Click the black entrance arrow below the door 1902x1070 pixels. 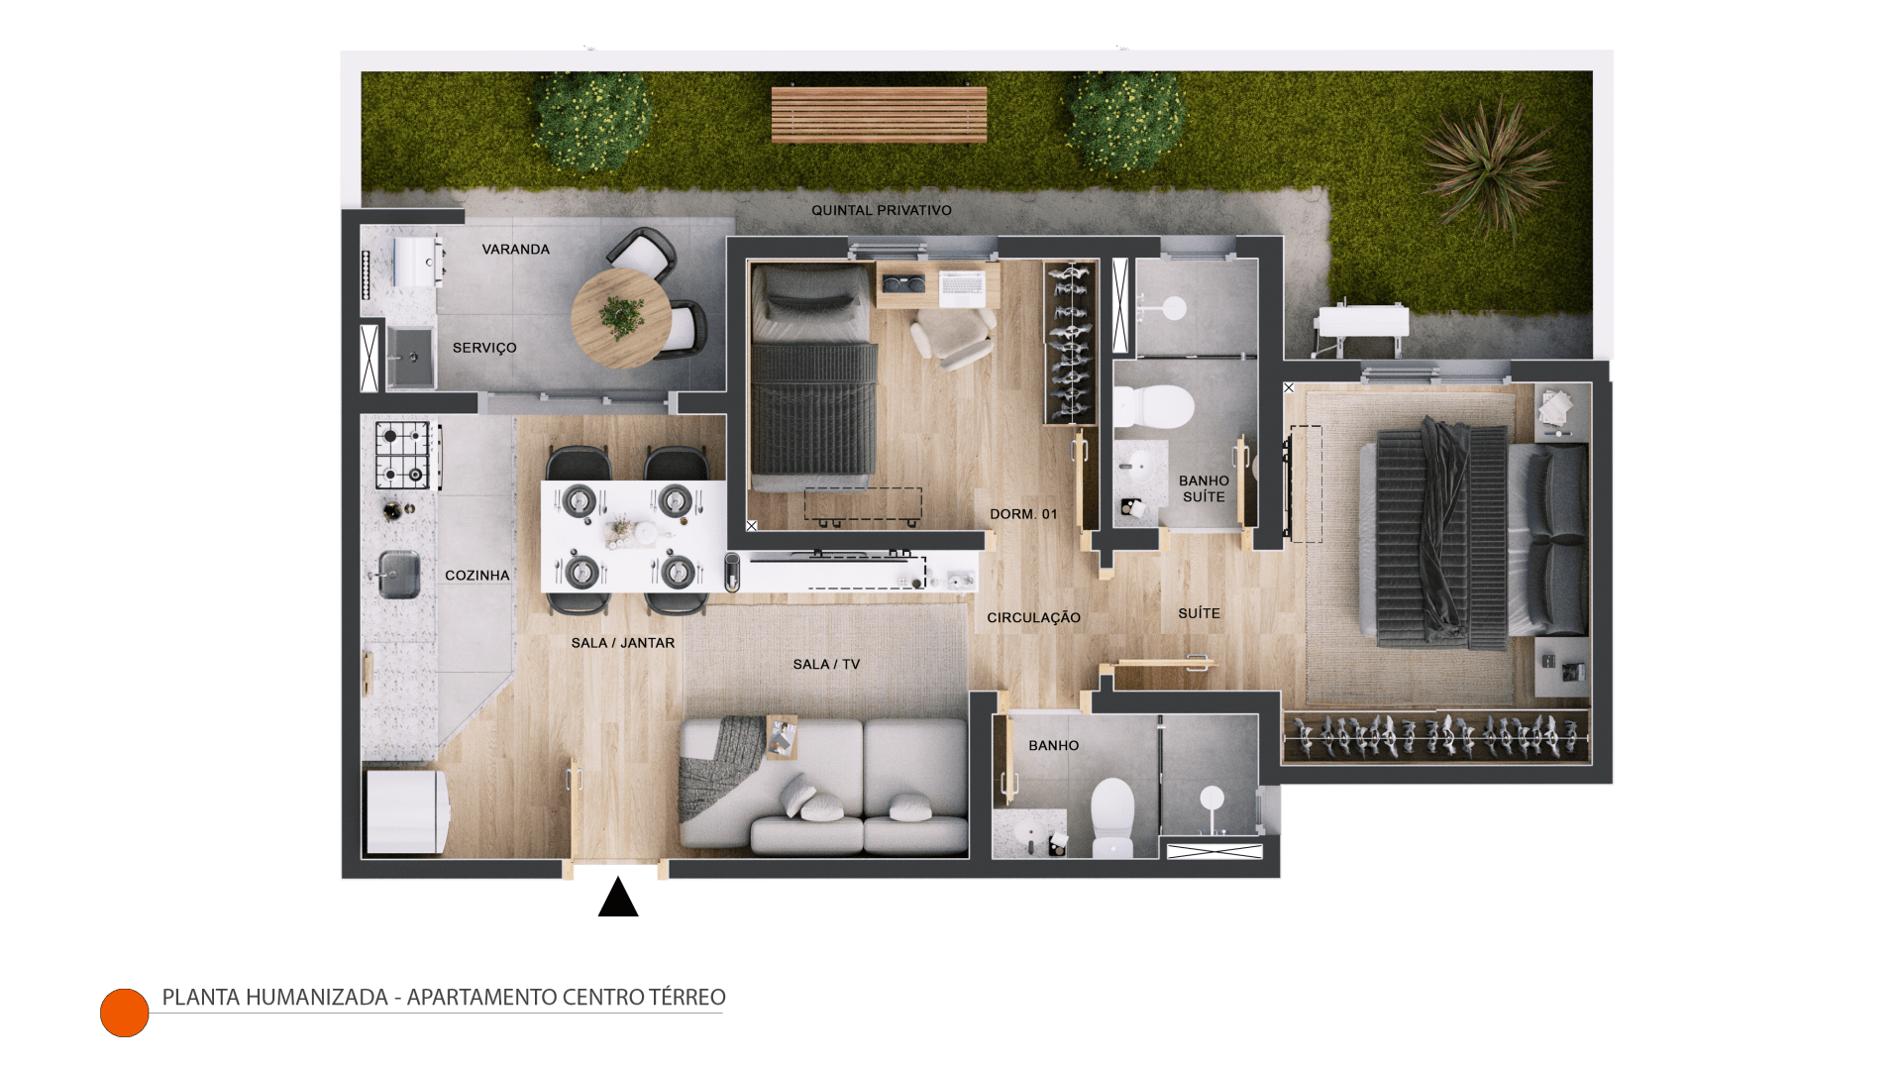point(618,898)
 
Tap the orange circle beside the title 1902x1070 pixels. point(125,1013)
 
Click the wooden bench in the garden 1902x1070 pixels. point(879,114)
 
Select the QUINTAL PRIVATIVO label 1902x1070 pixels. point(882,210)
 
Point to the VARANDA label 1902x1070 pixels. point(515,250)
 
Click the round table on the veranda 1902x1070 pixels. point(621,319)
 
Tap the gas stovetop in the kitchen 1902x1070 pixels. point(405,455)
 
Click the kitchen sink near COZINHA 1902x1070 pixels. point(399,574)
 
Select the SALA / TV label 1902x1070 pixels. point(826,665)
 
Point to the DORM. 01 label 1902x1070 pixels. point(1023,514)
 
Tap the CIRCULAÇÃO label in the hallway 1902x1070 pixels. point(1033,617)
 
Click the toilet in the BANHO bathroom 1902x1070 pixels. point(1112,815)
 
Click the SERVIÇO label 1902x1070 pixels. point(484,348)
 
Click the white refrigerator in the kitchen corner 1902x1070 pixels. point(406,812)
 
